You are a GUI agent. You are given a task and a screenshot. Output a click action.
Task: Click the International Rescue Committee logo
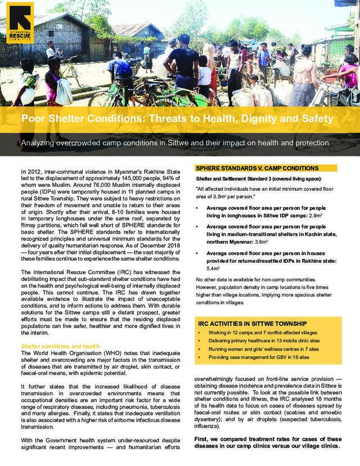point(20,22)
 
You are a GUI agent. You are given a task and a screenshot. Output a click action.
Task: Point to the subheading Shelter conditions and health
point(60,346)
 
